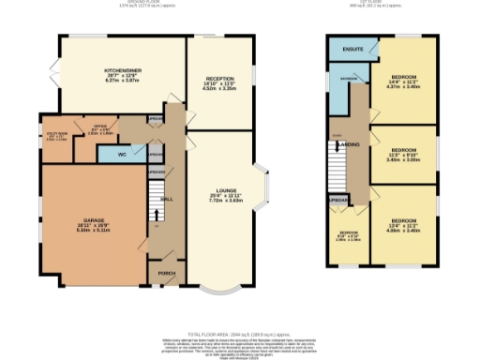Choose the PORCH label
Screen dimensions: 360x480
[x=167, y=274]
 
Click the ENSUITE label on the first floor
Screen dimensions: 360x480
[x=352, y=48]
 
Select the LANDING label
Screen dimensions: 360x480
[x=349, y=144]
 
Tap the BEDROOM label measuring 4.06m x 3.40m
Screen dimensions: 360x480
[x=404, y=221]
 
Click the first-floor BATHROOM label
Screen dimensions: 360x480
[x=348, y=79]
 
